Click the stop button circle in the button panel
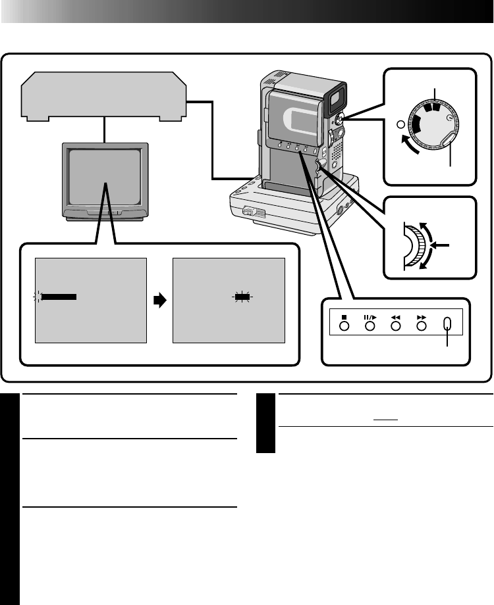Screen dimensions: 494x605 pos(344,324)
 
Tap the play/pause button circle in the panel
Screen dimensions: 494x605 pos(370,324)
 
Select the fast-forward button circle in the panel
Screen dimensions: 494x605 pos(422,324)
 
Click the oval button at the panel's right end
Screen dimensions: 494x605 pos(449,324)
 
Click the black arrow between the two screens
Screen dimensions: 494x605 pos(159,300)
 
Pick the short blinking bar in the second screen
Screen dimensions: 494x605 pos(243,297)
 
